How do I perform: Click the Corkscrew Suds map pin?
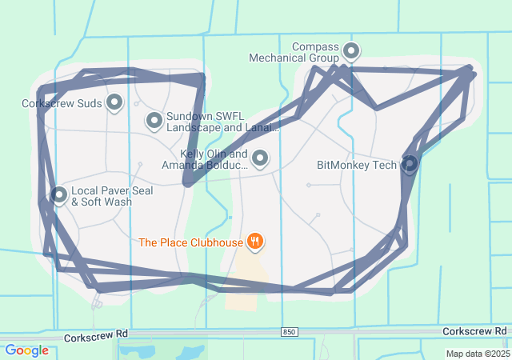[114, 102]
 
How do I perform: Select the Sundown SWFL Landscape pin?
[154, 121]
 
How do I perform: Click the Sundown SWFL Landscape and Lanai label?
[222, 122]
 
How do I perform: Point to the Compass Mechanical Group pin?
[350, 52]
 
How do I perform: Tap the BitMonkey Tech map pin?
[410, 164]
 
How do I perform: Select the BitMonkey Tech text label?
[357, 166]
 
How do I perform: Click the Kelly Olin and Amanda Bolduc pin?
[260, 158]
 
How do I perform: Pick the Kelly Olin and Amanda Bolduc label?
[205, 159]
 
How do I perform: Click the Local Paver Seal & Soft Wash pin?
[59, 194]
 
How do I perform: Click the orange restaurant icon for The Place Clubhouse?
[255, 240]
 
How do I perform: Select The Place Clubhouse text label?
[190, 242]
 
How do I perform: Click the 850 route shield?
[290, 331]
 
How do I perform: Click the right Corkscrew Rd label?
[474, 331]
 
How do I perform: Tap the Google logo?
[26, 350]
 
